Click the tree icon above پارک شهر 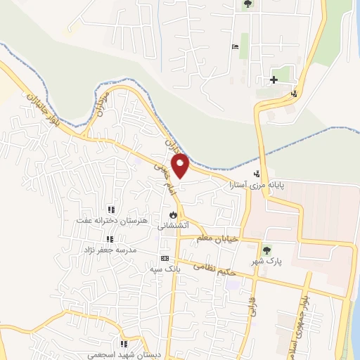(266, 250)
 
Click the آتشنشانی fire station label (173, 226)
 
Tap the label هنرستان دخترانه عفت (110, 221)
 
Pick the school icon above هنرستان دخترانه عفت (110, 210)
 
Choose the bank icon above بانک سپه (165, 258)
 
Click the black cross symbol (274, 79)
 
